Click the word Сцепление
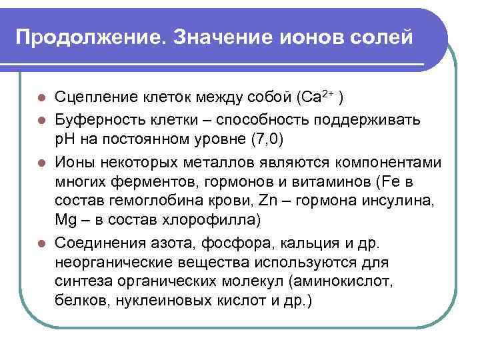coord(95,97)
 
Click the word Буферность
coord(97,121)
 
